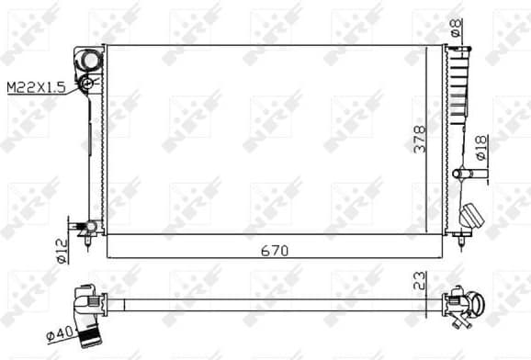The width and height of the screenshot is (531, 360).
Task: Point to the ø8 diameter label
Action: coord(456,28)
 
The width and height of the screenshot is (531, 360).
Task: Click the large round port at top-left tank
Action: coord(90,61)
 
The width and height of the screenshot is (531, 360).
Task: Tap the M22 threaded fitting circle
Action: coord(86,84)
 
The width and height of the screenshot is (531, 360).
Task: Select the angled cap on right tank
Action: coord(472,215)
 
